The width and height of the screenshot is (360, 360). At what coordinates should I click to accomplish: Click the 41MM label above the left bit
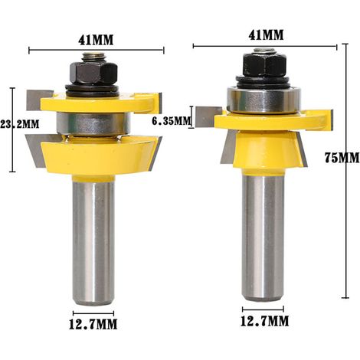coord(96,40)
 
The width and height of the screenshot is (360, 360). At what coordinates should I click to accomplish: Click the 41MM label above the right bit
coord(266,34)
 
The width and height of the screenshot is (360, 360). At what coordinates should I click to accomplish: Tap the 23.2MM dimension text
coord(20,124)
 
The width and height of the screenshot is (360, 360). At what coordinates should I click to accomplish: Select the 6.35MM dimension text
coord(172,120)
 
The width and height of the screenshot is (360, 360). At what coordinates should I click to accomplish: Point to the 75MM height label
coord(342,158)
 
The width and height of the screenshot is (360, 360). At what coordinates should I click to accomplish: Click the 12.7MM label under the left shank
coord(93,325)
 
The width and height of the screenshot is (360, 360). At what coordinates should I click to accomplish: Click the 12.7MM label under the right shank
coord(265,321)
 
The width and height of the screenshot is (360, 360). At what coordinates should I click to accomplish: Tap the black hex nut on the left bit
coord(93,73)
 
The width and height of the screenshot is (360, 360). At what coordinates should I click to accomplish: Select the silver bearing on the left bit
coord(93,124)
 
